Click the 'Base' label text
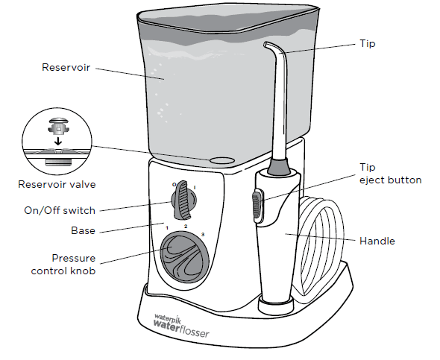82,230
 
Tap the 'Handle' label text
377,241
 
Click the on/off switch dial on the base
181,200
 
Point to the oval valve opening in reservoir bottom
221,160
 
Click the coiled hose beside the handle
321,246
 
